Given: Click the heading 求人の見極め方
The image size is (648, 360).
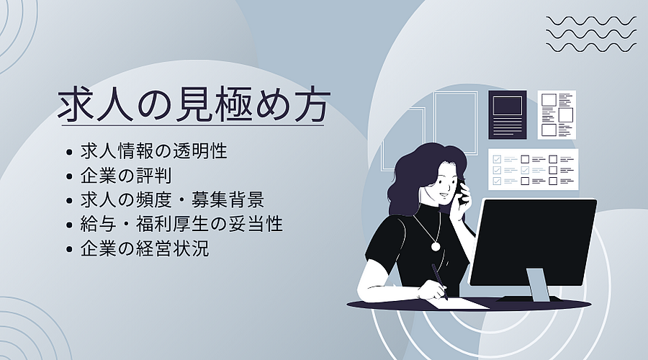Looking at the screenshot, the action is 194,104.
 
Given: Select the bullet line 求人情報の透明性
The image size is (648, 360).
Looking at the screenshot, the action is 154,151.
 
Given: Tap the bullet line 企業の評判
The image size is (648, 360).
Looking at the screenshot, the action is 126,176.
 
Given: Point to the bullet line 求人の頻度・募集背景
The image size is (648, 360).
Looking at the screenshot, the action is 172,200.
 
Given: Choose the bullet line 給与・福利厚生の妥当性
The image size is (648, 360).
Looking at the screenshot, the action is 181,225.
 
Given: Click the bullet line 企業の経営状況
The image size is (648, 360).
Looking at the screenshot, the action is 145,249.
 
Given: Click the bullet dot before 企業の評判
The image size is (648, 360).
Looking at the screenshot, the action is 69,176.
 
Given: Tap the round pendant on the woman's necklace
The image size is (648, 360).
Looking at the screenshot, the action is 436,246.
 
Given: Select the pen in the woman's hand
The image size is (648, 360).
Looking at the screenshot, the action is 439,282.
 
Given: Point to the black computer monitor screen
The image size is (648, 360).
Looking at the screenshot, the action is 534,243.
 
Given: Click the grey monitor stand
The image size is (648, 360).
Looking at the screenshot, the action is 538,285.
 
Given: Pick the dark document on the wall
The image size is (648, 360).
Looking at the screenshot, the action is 508,114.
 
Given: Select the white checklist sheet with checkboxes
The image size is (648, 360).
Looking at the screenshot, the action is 533,169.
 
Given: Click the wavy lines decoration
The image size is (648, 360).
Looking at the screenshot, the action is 591,35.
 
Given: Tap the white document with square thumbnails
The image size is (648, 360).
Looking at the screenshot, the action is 557,114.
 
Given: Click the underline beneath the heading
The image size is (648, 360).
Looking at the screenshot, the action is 192,125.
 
